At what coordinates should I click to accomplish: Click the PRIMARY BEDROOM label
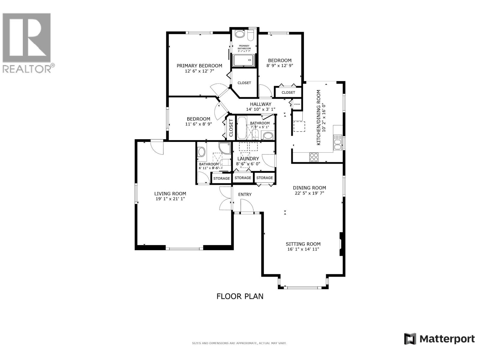click(199, 66)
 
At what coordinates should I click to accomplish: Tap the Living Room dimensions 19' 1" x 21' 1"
click(170, 199)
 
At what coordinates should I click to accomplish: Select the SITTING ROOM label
click(303, 244)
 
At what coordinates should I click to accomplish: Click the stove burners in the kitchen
click(314, 157)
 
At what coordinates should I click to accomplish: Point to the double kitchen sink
click(337, 142)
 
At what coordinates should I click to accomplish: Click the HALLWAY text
click(260, 104)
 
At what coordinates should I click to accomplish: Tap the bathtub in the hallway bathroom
click(241, 128)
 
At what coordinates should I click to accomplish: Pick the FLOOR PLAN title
click(240, 296)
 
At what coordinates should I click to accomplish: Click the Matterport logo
click(439, 339)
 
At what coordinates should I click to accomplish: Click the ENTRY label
click(245, 194)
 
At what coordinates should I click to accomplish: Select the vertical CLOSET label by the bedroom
click(231, 128)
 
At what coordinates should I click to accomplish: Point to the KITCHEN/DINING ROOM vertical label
click(319, 118)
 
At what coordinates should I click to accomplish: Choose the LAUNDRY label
click(248, 158)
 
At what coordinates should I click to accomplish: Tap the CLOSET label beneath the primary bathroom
click(244, 83)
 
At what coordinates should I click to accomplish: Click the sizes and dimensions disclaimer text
click(239, 343)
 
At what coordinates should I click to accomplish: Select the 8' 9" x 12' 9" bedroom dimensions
click(280, 65)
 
